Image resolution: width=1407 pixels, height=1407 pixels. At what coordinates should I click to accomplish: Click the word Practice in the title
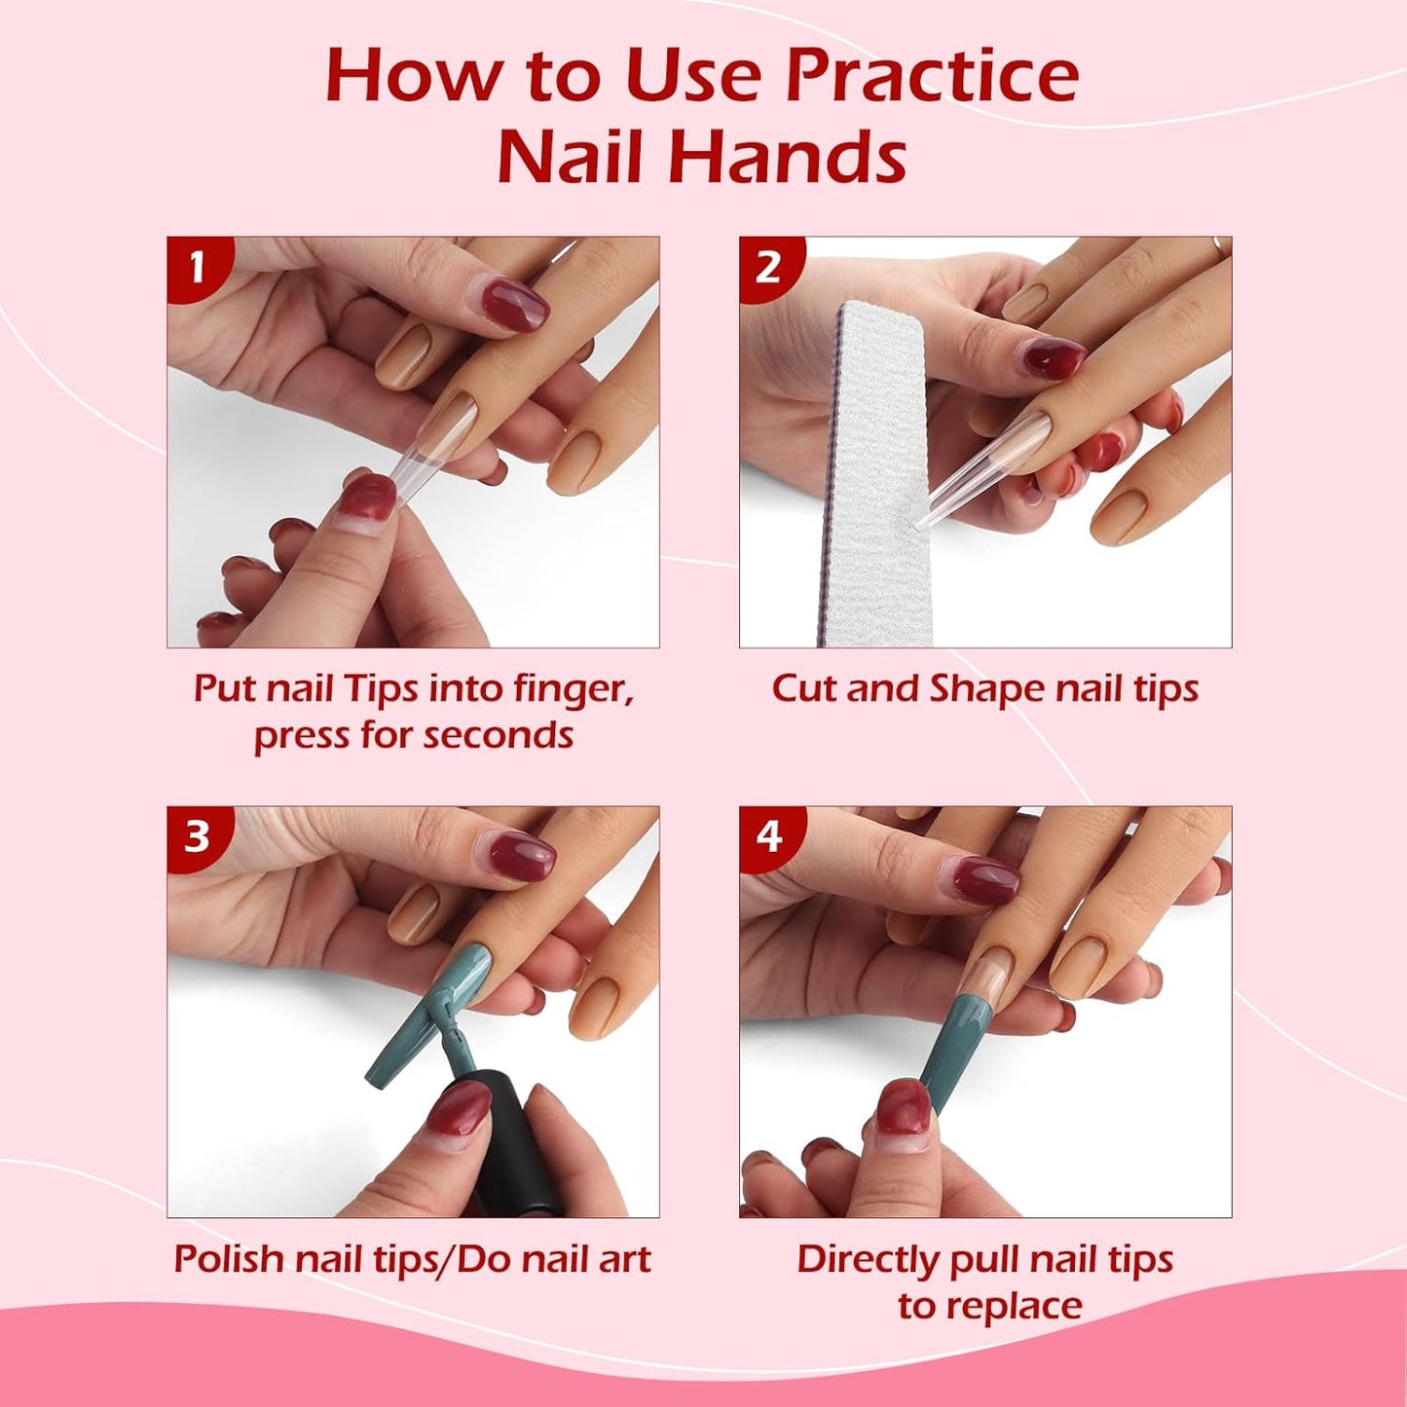click(932, 76)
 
